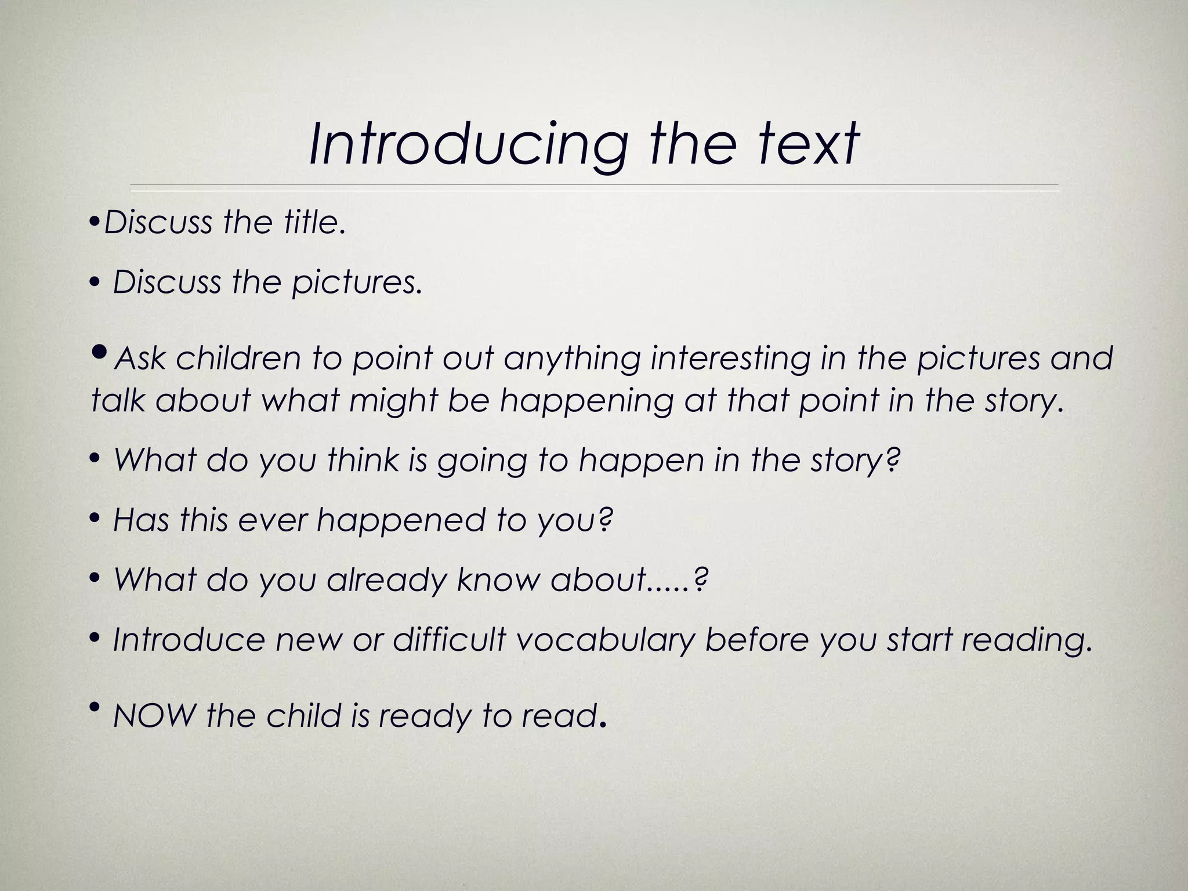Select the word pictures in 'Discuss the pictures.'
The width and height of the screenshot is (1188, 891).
coord(356,282)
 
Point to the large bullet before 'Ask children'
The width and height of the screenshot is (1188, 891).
coord(100,352)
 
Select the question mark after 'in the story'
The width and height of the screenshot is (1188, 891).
coord(894,460)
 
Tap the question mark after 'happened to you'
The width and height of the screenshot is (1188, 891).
coord(606,520)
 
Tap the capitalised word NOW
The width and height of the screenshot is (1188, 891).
coord(154,716)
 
